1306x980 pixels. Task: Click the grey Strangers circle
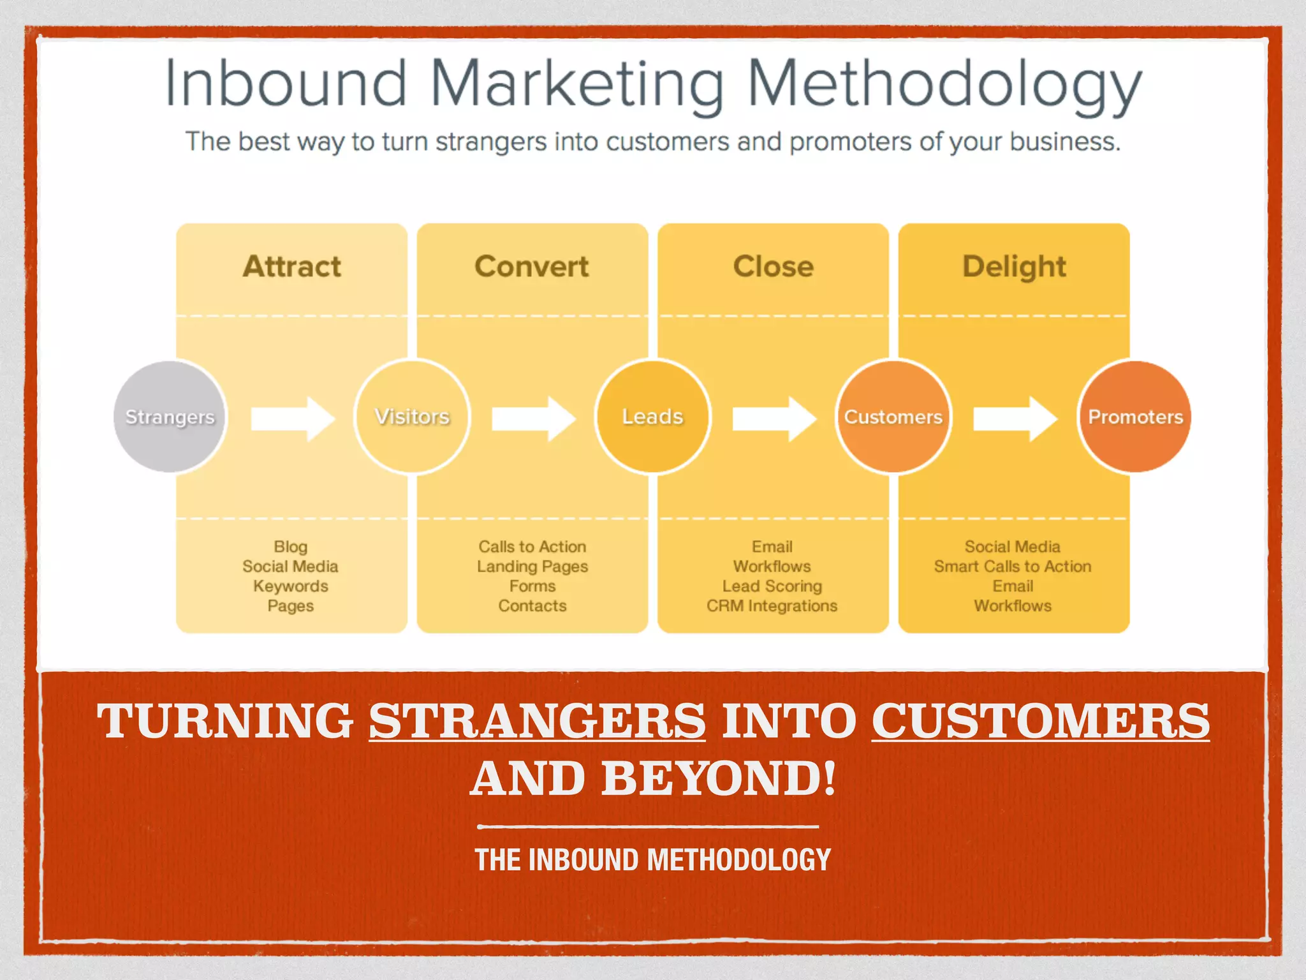[170, 417]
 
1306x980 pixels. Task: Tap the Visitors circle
[412, 417]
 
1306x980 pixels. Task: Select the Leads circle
[652, 417]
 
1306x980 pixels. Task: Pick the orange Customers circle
[893, 417]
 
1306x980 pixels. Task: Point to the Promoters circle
[1135, 417]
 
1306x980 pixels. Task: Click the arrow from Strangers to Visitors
[293, 419]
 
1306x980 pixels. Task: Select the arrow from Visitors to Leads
[534, 419]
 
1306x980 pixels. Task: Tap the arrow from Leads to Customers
[774, 419]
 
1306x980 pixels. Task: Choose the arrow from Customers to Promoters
[1015, 419]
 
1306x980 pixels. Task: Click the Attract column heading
[292, 267]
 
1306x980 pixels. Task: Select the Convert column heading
[532, 267]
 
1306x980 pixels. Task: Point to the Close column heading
[773, 267]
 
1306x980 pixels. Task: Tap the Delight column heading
[1014, 267]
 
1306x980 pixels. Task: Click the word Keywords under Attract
[291, 586]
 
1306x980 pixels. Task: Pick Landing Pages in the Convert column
[532, 567]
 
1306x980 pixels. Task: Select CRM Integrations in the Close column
[772, 606]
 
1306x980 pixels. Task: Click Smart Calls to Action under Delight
[1013, 567]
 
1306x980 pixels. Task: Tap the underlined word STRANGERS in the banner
[537, 721]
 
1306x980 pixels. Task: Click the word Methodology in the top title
[944, 85]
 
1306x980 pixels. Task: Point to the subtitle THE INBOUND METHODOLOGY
[653, 860]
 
